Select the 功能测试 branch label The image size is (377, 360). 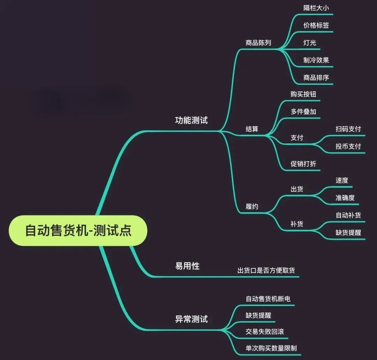191,120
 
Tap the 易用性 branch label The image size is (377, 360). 187,266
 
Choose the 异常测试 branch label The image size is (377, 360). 191,318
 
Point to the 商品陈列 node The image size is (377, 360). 258,43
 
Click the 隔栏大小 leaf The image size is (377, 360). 316,8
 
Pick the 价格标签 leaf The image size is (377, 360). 316,25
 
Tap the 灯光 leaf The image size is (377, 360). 310,43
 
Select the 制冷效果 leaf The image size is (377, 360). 316,60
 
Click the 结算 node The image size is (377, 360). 252,129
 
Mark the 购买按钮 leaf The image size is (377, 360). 303,94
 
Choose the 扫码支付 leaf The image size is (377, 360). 348,129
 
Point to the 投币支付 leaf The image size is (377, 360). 348,146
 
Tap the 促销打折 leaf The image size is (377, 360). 303,164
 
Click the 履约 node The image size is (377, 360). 252,207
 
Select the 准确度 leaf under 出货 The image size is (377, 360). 345,198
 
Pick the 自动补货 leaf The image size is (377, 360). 348,215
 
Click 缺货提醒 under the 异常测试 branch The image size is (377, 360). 258,315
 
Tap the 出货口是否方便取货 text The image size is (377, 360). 266,270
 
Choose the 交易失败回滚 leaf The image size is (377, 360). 265,331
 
